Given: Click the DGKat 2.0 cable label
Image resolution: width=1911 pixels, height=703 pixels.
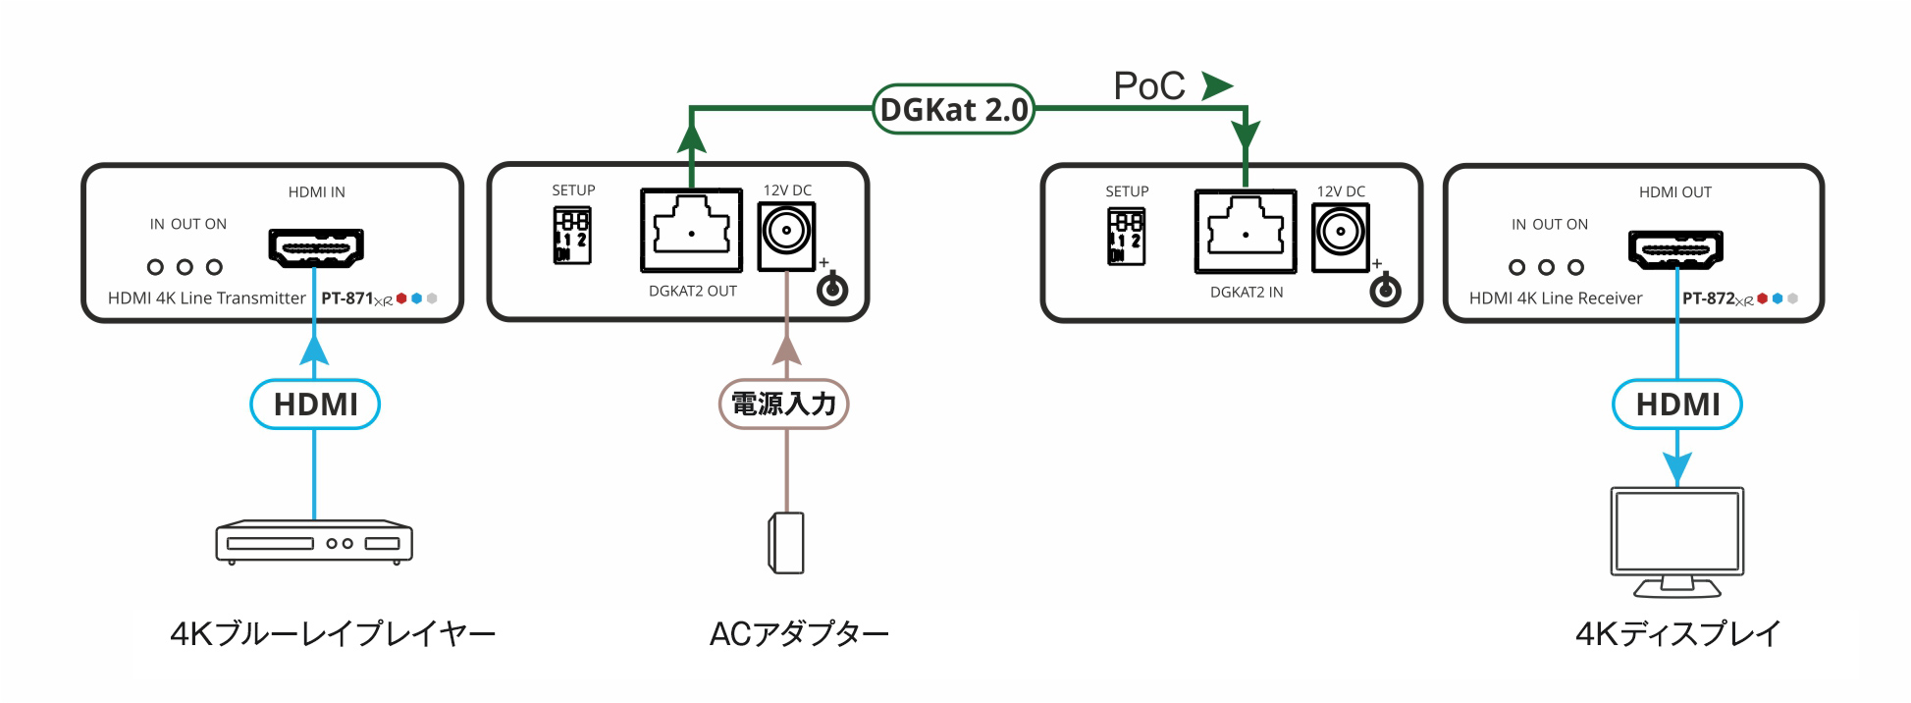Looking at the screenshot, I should (953, 109).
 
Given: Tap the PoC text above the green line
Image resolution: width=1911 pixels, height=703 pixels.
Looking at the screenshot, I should (1149, 86).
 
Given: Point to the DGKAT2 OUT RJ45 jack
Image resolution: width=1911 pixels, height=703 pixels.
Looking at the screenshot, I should (692, 232).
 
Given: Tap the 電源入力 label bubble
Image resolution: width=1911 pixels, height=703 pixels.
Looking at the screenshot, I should (783, 404).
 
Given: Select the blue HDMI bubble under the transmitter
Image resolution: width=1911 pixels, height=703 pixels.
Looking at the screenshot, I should (315, 405).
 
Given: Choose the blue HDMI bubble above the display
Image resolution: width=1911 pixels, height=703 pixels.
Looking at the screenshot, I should (1677, 405).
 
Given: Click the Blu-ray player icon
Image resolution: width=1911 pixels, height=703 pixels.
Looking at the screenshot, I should (314, 542).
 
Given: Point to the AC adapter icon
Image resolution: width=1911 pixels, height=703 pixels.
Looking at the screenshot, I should (786, 542).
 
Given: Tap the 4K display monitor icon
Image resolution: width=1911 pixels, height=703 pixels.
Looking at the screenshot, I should (1676, 540).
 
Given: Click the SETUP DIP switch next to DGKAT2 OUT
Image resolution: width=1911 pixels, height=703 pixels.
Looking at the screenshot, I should (571, 236).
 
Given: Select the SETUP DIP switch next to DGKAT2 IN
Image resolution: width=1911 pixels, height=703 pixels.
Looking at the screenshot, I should (1125, 237).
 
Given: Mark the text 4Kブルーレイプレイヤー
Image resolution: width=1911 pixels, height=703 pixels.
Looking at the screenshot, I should (333, 634).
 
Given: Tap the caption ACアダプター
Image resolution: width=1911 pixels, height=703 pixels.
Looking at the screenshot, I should (799, 634).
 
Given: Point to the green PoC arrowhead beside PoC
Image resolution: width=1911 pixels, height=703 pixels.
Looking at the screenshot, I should (1216, 86).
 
